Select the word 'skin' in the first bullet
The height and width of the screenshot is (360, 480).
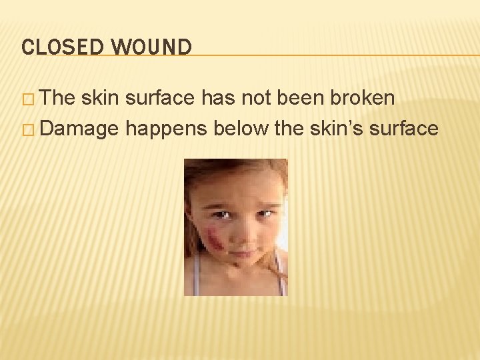102,99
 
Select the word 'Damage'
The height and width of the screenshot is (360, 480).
79,128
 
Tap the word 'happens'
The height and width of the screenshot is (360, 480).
167,128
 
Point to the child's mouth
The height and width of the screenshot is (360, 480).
243,253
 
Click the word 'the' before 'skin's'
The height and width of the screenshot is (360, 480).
289,128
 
